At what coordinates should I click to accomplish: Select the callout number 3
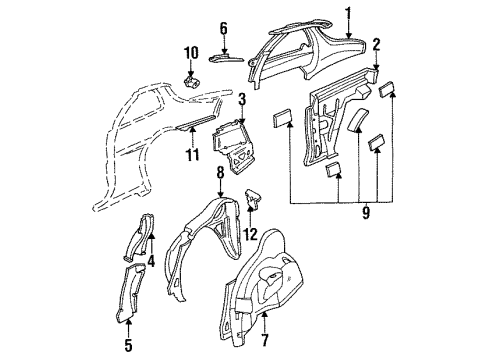tap(241, 97)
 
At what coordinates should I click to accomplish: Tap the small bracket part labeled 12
tap(252, 201)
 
